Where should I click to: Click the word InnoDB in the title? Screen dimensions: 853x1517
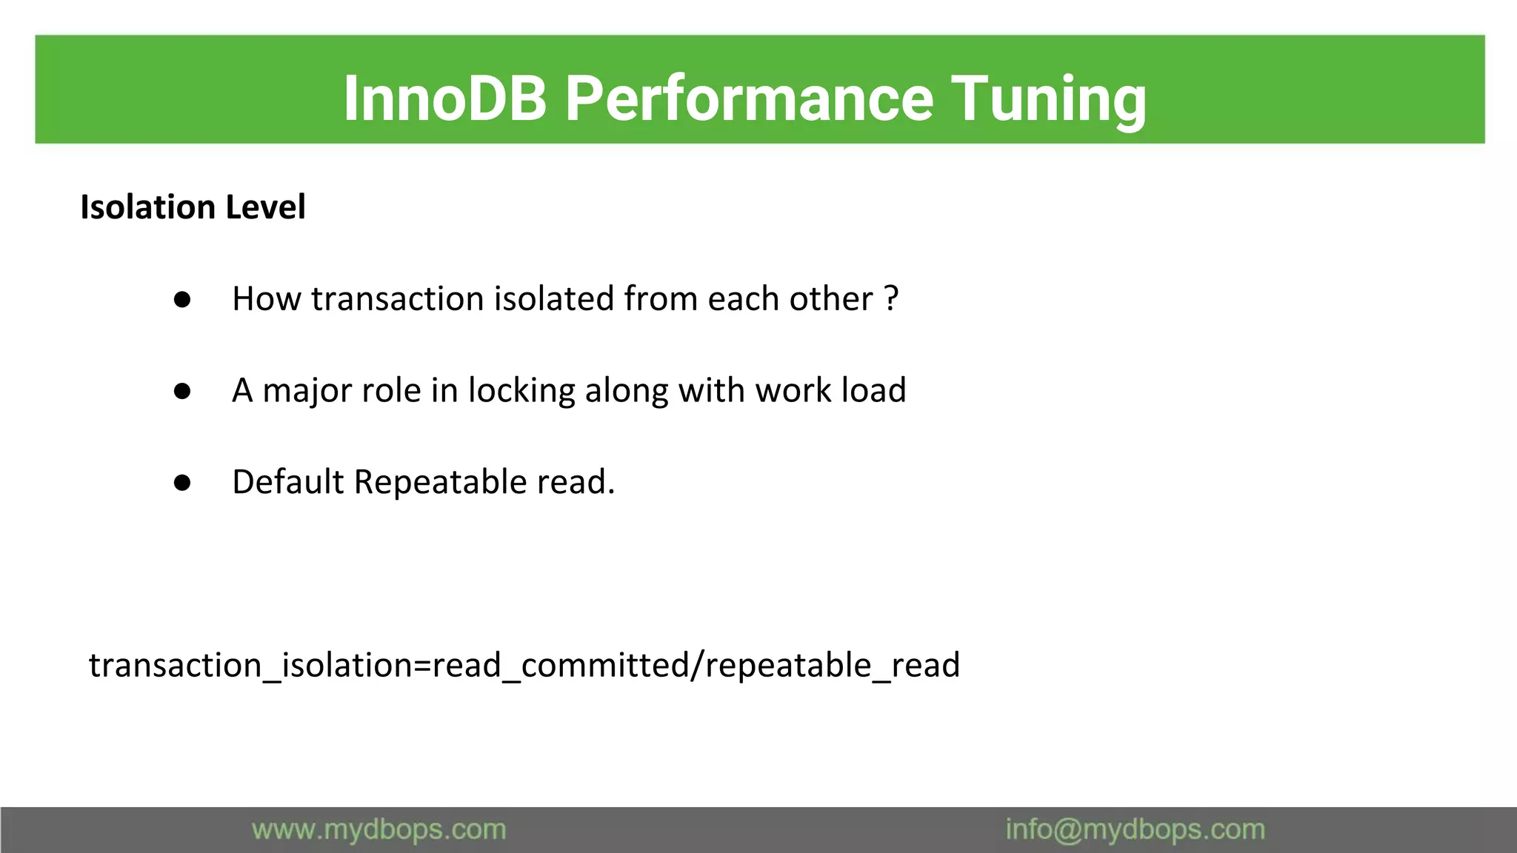point(444,98)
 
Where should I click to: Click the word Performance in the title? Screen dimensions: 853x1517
point(749,98)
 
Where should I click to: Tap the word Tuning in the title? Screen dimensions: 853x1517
point(1048,98)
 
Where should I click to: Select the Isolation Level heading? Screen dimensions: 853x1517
point(193,207)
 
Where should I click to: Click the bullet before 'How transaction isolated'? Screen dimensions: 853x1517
point(182,300)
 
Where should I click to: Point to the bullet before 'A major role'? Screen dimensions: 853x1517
point(182,392)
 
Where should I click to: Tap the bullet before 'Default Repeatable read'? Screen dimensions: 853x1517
point(182,484)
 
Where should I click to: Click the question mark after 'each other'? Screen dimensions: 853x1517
point(892,299)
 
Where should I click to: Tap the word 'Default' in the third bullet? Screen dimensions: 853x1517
point(287,483)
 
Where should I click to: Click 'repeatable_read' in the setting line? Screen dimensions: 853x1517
point(833,665)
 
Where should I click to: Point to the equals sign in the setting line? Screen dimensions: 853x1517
point(422,665)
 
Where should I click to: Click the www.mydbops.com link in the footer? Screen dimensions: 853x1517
point(379,830)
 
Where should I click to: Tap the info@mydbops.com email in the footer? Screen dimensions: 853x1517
point(1135,830)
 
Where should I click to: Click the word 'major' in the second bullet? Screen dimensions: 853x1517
point(303,391)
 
